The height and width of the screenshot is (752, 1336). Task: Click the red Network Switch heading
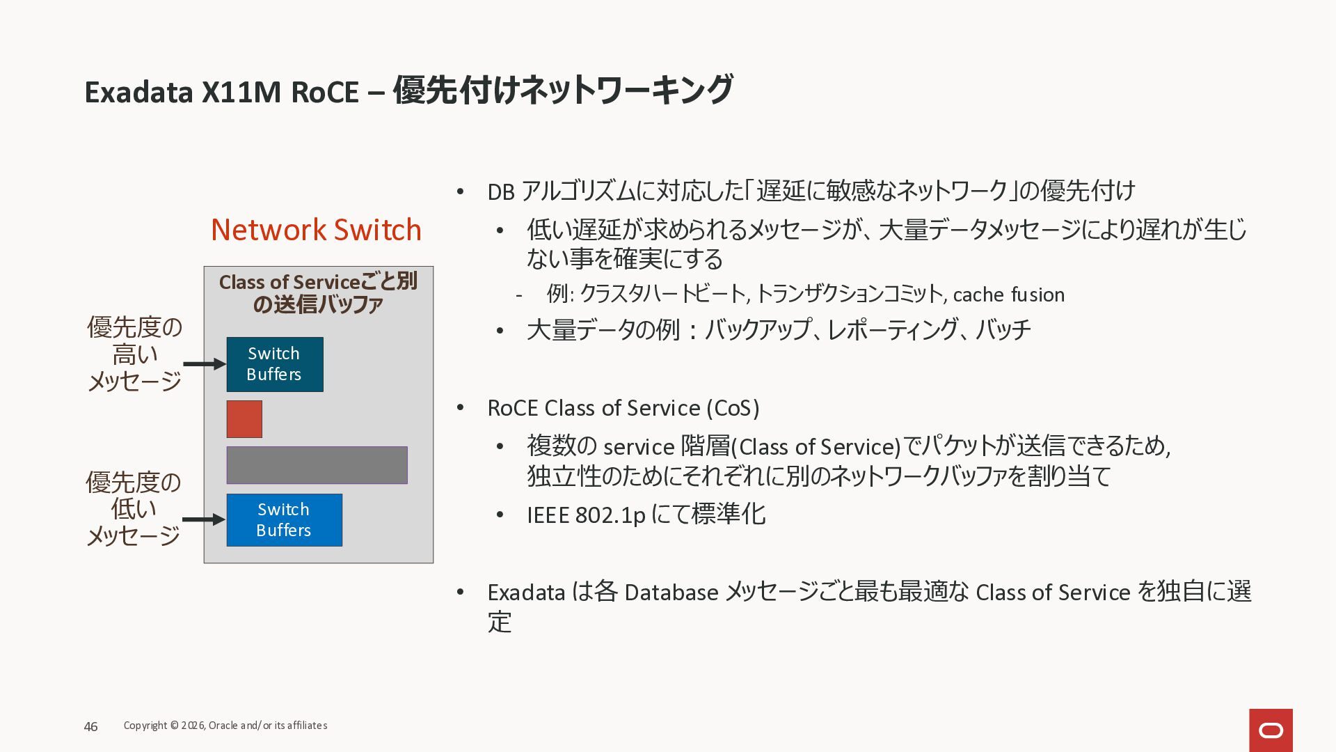point(316,230)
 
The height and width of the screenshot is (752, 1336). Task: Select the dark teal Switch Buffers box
point(275,364)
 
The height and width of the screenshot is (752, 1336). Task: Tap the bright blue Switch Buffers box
point(284,520)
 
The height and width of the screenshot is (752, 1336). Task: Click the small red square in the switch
point(244,419)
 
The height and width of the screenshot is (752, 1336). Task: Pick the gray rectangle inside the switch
point(317,465)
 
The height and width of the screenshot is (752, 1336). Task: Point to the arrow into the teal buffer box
point(204,364)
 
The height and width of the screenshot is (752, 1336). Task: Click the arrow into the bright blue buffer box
point(204,519)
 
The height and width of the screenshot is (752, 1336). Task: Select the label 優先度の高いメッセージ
point(134,354)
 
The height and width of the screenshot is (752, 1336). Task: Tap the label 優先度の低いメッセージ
point(134,509)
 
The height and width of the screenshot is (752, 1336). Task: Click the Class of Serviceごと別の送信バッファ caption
point(318,293)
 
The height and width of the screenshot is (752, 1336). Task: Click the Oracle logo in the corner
point(1271,730)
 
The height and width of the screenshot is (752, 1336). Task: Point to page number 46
point(90,727)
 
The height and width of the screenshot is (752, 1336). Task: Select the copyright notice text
point(225,726)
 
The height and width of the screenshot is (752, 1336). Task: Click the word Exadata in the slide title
point(138,92)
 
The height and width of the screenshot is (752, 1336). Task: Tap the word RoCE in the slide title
point(324,92)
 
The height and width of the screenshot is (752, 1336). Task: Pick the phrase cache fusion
point(1008,295)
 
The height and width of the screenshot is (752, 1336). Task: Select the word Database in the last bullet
point(671,593)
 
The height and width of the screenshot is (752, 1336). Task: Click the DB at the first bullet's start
point(500,192)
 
